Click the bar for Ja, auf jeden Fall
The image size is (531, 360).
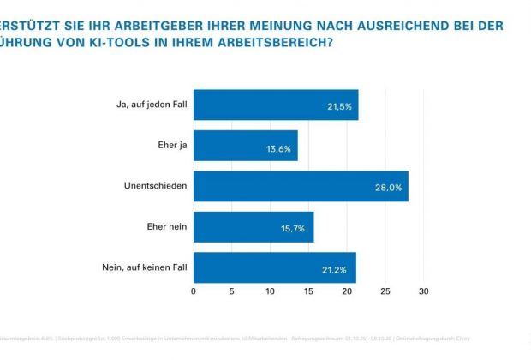(x=276, y=105)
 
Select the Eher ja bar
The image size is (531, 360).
(x=246, y=145)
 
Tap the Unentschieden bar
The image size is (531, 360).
(x=301, y=186)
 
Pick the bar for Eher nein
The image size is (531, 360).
(x=254, y=226)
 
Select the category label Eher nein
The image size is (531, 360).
(x=167, y=226)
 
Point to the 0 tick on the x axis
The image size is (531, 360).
(x=194, y=292)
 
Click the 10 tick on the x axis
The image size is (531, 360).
(x=271, y=292)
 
